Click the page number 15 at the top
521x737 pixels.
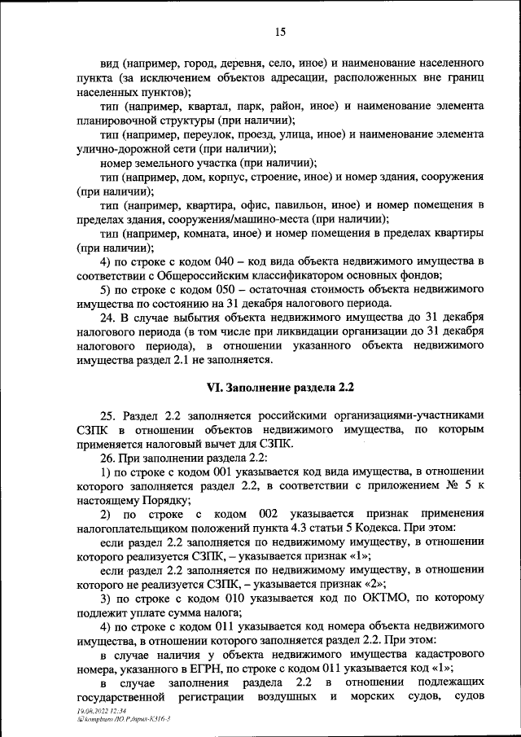click(x=280, y=32)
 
